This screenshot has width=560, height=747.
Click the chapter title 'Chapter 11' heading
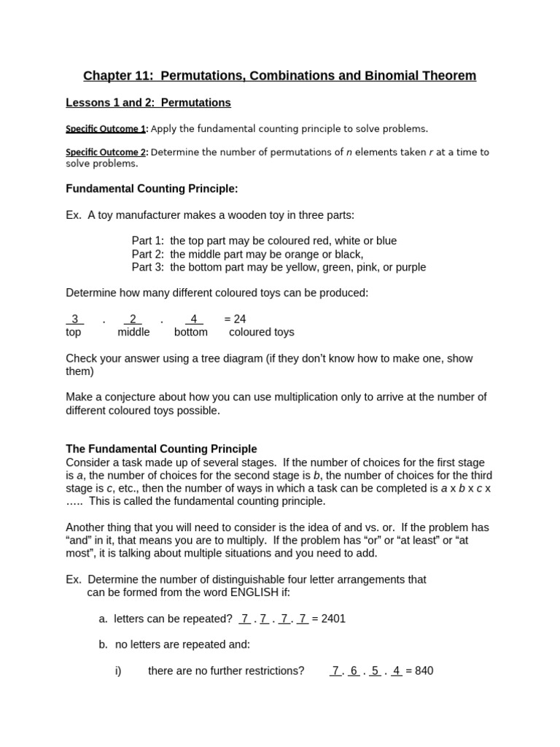point(279,76)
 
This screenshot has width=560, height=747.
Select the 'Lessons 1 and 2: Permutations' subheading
point(148,103)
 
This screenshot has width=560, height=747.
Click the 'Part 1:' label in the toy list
point(149,241)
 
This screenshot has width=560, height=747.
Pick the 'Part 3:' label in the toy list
point(149,267)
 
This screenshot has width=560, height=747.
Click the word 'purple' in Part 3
point(410,267)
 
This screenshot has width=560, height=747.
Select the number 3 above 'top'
point(74,319)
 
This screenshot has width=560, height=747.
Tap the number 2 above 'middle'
point(133,319)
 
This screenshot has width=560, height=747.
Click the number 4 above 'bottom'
point(193,319)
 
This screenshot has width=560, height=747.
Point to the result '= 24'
point(235,319)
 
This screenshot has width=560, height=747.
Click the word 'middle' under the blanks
point(133,332)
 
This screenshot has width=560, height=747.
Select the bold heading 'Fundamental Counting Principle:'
point(152,189)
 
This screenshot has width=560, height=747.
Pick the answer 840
point(424,670)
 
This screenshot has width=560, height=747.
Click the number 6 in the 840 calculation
point(354,670)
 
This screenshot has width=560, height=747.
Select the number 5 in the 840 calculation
point(374,670)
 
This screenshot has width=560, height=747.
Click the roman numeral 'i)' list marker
point(118,670)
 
